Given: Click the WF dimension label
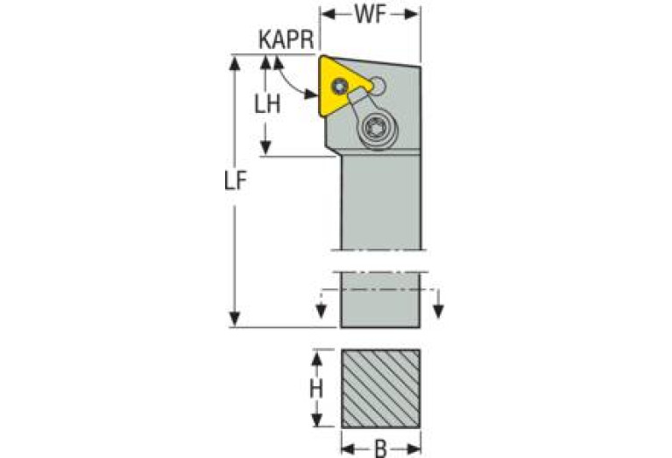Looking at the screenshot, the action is tap(371, 15).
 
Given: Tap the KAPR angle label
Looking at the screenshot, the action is tap(286, 39).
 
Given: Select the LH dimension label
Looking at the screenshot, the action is tap(267, 103).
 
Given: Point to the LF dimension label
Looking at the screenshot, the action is tap(237, 181).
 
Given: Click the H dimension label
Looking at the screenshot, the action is tap(316, 389).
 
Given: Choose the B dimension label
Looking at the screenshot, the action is tap(380, 449).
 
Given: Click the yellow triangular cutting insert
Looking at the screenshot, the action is tap(339, 85).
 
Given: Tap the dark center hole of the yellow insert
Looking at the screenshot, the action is tap(341, 87).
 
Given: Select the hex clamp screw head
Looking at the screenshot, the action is tap(378, 129).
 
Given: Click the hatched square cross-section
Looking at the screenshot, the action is tap(380, 388).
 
